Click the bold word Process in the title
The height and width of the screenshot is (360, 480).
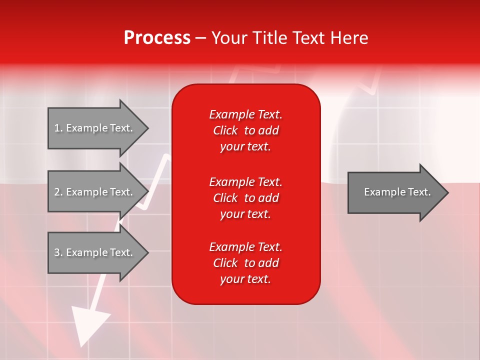(157, 38)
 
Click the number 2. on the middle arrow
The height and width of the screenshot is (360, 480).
(58, 192)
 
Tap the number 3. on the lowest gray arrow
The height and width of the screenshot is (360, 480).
(58, 252)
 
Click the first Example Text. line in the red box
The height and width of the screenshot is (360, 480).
(245, 114)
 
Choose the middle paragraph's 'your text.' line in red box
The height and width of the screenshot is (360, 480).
(245, 214)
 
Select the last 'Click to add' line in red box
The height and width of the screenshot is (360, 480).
(245, 263)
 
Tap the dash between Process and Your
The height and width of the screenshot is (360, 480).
(201, 38)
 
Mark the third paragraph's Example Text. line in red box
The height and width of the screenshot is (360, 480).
(245, 247)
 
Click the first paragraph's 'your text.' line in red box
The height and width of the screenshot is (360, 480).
(245, 147)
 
